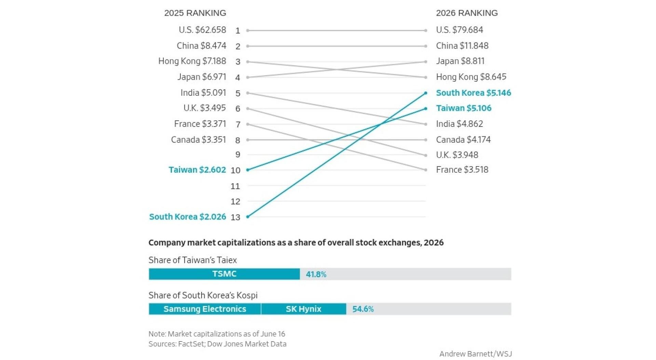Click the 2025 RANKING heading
(195, 13)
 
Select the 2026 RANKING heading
(467, 13)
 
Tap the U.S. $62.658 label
(202, 30)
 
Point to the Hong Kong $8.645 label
(471, 77)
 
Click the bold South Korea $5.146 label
(474, 93)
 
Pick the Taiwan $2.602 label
(197, 170)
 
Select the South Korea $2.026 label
(188, 217)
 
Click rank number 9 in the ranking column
(238, 155)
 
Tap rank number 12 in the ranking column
(235, 202)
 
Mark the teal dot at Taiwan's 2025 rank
(248, 170)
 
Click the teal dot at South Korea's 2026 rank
(426, 93)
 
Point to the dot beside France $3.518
(426, 170)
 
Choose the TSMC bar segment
(224, 274)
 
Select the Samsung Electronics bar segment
(205, 309)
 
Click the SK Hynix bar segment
(304, 309)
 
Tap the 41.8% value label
(316, 274)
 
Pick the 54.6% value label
(363, 309)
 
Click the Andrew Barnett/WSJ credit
(476, 354)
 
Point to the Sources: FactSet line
(217, 344)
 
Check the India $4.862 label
(460, 124)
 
